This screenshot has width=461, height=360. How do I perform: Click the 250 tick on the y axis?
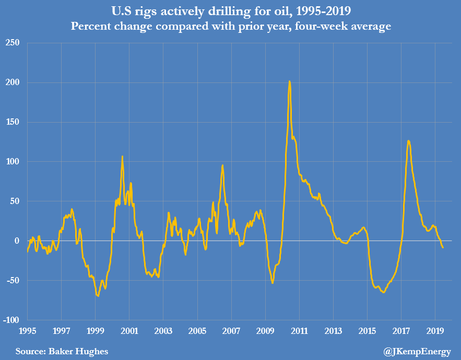13,43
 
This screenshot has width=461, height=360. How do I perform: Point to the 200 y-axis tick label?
13,82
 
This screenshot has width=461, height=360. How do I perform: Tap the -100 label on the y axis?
10,320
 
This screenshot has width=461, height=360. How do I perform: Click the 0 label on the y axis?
17,241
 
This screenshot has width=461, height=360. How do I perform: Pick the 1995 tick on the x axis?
28,331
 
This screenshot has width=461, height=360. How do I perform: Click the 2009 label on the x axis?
265,331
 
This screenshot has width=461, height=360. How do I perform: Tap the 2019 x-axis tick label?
435,331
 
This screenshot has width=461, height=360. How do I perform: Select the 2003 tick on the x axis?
163,331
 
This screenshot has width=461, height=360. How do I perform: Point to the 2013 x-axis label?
333,331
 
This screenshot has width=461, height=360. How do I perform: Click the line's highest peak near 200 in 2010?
289,81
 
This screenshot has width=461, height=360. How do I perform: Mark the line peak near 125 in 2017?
408,140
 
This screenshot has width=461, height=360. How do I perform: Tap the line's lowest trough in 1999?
98,296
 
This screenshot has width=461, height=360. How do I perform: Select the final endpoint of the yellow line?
443,247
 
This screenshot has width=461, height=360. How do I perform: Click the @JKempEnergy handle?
417,352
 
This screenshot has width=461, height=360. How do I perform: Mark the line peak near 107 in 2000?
122,156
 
